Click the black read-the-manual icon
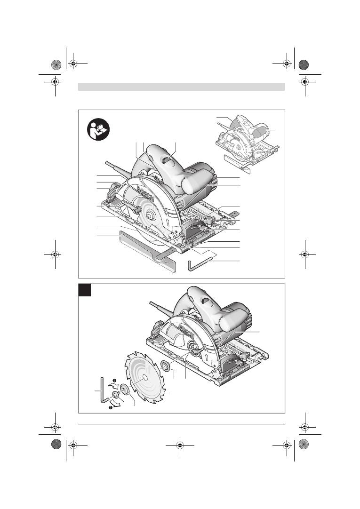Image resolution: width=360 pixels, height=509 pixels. point(98,129)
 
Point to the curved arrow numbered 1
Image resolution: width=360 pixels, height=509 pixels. point(116,404)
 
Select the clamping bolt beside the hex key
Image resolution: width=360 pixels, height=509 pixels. point(116,394)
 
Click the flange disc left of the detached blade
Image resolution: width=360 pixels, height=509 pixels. point(124,389)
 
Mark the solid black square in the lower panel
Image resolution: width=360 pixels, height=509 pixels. point(84,290)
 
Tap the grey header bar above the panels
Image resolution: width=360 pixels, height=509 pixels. point(181,87)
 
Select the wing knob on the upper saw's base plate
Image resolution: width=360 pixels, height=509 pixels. point(210,222)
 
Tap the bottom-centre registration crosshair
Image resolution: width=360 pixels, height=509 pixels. point(180,445)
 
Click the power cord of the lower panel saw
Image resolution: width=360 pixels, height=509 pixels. point(163,309)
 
